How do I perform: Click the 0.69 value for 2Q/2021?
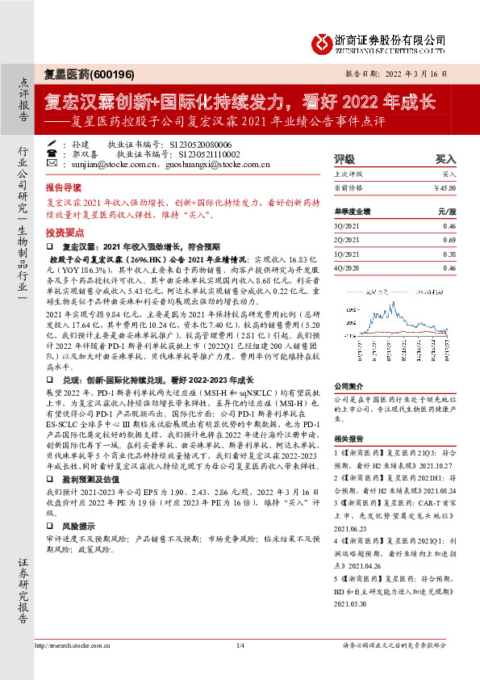[x=449, y=241]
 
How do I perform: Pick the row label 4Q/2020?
[x=345, y=267]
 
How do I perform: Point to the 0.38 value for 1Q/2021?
[x=449, y=254]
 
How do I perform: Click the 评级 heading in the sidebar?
[x=344, y=160]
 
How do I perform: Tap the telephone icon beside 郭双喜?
[x=52, y=152]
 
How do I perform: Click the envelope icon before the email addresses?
[x=52, y=164]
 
